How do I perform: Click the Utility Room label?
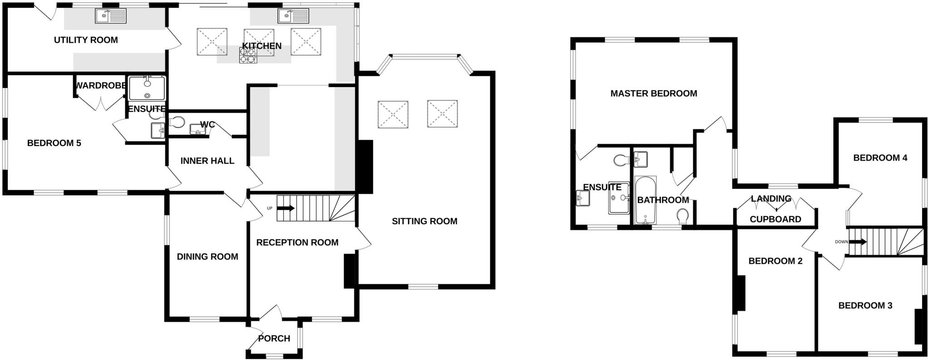pos(86,40)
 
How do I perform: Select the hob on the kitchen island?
pos(248,55)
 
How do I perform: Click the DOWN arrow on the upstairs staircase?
pos(857,242)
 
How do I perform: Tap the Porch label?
pos(274,339)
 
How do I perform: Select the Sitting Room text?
pos(424,221)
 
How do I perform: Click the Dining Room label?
pos(207,257)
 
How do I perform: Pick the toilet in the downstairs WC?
pos(177,122)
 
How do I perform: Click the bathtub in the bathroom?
pos(645,201)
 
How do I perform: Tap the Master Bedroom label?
pos(653,93)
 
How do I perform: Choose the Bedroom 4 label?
pos(880,158)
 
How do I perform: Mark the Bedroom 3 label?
pos(865,306)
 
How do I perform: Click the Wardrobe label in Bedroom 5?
pos(100,86)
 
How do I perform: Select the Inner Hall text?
pos(207,161)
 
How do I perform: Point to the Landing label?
pos(771,199)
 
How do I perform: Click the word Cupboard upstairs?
pos(775,219)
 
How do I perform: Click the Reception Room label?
pos(297,243)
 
